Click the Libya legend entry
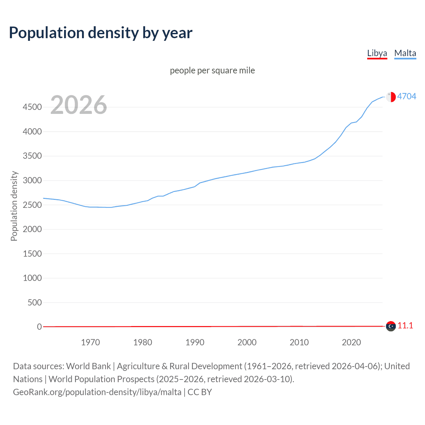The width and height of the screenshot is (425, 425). (377, 53)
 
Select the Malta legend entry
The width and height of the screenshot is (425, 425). (405, 53)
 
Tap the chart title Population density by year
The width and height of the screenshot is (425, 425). (101, 33)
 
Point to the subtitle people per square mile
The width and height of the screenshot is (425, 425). (212, 70)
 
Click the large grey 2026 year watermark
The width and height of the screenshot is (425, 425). (79, 105)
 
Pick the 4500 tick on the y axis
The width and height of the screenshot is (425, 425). (32, 107)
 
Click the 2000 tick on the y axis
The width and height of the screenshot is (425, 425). (32, 229)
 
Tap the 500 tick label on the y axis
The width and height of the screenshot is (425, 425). (35, 302)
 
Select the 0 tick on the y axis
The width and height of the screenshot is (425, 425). (40, 327)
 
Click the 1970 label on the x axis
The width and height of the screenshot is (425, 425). (90, 342)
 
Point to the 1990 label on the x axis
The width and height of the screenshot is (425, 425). (195, 342)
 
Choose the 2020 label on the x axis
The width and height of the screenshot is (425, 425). (351, 342)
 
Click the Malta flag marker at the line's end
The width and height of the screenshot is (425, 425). (391, 97)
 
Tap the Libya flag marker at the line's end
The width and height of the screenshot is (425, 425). (391, 326)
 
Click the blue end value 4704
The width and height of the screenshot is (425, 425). (406, 96)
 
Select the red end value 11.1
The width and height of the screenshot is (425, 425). (405, 326)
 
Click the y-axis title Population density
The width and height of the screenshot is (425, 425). (14, 206)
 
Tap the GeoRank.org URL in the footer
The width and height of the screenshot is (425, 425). (97, 392)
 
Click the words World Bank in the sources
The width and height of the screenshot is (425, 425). (88, 366)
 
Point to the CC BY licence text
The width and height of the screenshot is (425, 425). (200, 392)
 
